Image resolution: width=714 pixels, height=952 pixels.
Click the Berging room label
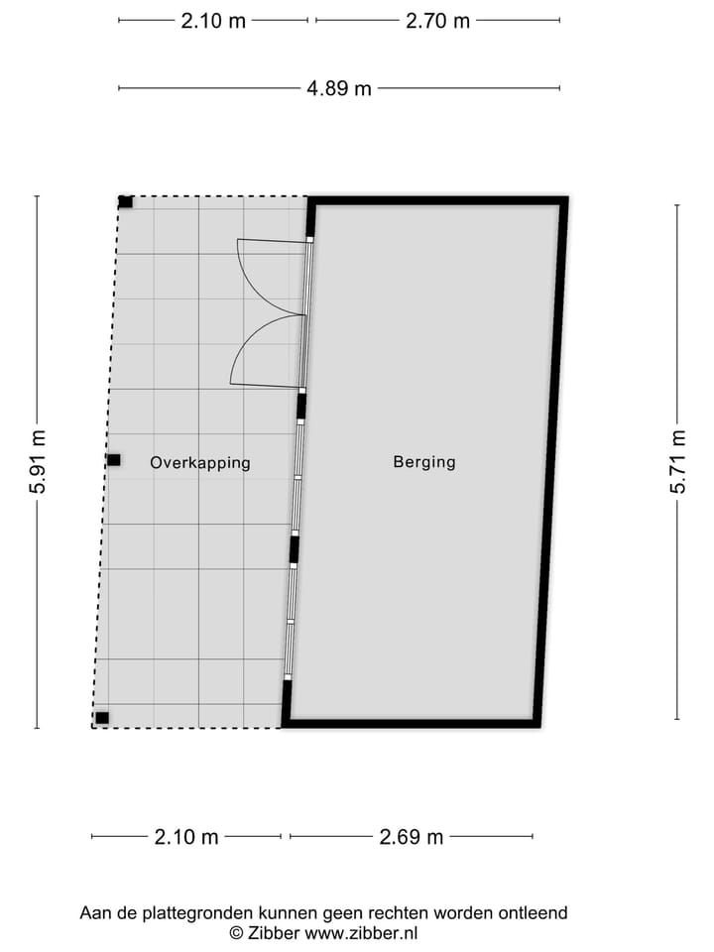pyautogui.click(x=424, y=461)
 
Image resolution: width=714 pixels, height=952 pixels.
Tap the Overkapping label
pyautogui.click(x=200, y=462)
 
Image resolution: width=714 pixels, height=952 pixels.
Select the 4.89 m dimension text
pyautogui.click(x=339, y=88)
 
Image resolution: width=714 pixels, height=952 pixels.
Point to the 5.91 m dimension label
pyautogui.click(x=38, y=462)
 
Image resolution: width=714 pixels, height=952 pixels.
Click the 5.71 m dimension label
pyautogui.click(x=678, y=462)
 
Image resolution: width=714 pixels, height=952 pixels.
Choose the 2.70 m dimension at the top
pyautogui.click(x=437, y=20)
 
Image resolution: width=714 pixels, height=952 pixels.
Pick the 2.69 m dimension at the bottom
pyautogui.click(x=412, y=837)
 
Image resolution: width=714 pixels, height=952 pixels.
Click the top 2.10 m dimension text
pyautogui.click(x=213, y=20)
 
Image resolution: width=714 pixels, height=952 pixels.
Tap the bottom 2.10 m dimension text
pyautogui.click(x=186, y=837)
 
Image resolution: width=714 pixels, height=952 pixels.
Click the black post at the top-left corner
pyautogui.click(x=125, y=202)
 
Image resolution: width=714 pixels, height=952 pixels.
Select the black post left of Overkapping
pyautogui.click(x=114, y=460)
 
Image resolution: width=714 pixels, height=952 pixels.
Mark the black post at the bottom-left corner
pyautogui.click(x=102, y=718)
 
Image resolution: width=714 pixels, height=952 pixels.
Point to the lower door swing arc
pyautogui.click(x=260, y=347)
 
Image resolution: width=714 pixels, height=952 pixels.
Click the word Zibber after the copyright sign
pyautogui.click(x=274, y=932)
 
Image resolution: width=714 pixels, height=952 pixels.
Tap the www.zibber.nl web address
pyautogui.click(x=361, y=932)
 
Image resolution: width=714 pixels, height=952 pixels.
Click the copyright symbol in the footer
pyautogui.click(x=236, y=932)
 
